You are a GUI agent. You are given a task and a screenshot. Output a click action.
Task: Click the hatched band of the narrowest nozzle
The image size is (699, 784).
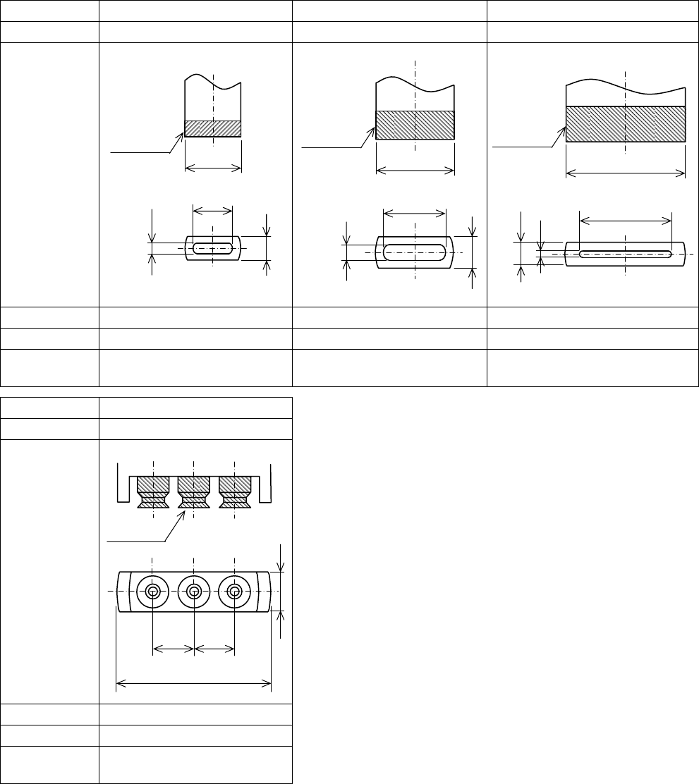[213, 128]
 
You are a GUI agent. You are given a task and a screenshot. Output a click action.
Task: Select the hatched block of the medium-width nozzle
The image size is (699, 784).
[415, 125]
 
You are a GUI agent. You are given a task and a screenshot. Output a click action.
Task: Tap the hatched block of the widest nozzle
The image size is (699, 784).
[626, 125]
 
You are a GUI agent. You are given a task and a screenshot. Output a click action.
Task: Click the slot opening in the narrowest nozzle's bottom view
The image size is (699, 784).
[212, 248]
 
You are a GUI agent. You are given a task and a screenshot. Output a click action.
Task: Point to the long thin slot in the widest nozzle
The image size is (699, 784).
[625, 253]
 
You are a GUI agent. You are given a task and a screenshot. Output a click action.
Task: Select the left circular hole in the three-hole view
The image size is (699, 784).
[153, 591]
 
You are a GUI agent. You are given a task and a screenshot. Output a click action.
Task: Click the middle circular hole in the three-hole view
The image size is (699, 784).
[194, 591]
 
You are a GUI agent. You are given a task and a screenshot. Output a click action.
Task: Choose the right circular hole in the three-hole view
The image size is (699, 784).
[235, 591]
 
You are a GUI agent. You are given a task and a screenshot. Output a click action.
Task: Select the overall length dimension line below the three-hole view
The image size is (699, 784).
[194, 682]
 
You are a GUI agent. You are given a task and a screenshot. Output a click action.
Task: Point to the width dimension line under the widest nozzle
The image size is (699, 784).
[626, 172]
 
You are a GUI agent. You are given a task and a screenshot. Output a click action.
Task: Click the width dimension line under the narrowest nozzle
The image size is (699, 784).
[213, 168]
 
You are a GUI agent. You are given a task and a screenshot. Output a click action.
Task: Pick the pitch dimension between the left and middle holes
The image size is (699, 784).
[174, 647]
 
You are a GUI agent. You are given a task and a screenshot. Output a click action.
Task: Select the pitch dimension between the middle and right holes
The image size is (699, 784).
[214, 647]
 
